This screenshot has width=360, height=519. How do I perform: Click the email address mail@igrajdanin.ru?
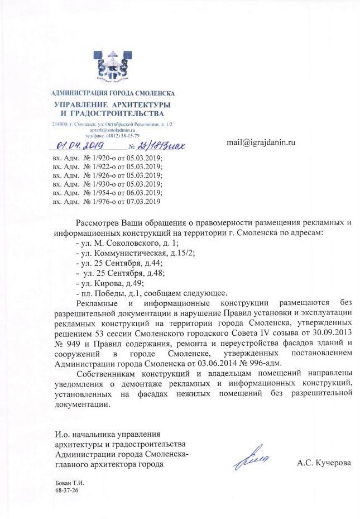coord(260,142)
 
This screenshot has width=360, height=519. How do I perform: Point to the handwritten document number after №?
coord(160,146)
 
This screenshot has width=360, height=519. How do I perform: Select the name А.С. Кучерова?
coord(323,463)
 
